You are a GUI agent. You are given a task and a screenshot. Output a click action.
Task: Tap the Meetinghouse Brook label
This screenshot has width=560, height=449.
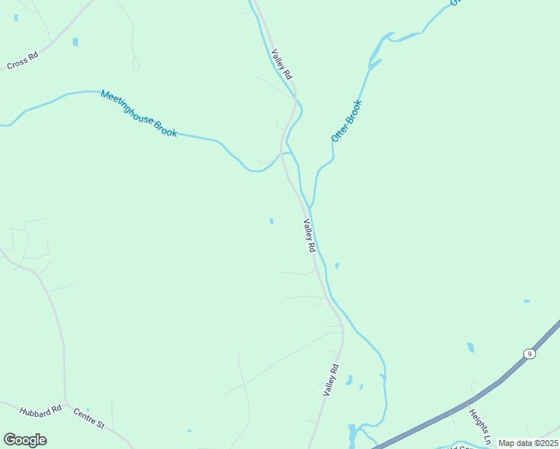coord(139,113)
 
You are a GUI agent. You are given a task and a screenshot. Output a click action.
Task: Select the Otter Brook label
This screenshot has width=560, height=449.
coord(347,120)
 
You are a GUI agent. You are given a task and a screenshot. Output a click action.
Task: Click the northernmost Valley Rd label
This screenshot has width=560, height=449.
coord(281,65)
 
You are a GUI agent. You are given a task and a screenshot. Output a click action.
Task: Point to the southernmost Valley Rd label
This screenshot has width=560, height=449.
coord(331,380)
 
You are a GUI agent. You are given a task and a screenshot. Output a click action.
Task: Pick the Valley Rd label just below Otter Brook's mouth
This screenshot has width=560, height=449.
coord(309,235)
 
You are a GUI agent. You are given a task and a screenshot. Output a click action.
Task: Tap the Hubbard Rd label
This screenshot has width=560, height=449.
coord(40,411)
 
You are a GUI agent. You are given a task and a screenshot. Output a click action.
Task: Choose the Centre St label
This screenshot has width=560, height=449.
coord(89,418)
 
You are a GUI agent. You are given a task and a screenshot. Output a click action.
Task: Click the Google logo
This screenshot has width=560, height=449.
coord(25,440)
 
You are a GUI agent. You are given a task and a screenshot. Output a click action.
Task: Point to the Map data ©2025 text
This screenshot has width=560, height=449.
coord(527,443)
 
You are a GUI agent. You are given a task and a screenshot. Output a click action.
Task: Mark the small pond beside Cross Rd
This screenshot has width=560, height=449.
coord(75,42)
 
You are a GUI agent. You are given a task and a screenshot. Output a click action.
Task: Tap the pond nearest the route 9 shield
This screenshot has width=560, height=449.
coord(470,347)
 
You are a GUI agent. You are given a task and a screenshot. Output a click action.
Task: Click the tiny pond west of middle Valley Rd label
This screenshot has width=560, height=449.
coord(271,221)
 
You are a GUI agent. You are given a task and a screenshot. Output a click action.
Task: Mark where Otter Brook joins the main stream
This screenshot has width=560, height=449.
coord(310,207)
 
